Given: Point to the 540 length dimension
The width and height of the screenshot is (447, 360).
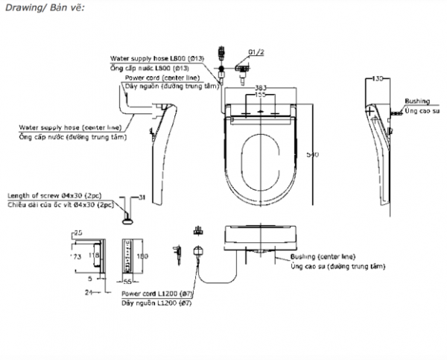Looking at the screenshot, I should pos(313,154).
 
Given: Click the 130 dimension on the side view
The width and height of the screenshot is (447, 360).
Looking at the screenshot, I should pos(378,78).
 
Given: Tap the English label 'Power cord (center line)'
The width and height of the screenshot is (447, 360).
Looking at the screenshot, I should pos(156,77).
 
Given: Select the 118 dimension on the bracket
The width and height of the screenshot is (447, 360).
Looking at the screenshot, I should pos(92,256).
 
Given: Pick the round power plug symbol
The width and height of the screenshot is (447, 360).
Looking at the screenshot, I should pos(198,252).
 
